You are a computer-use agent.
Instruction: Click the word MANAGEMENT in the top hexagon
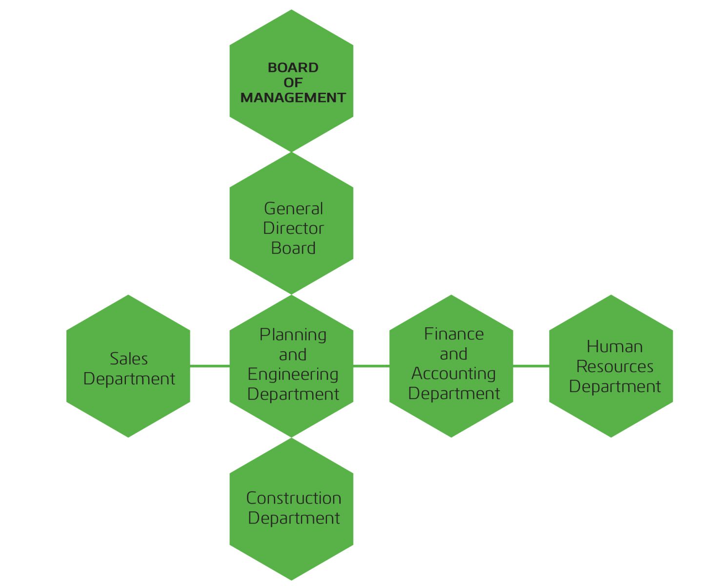coord(293,98)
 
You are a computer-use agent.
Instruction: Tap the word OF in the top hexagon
coord(293,83)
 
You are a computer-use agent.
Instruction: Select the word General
coord(293,209)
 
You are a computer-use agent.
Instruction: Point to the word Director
coord(293,228)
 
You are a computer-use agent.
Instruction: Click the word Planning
coord(293,335)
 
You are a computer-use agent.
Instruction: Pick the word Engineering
coord(293,375)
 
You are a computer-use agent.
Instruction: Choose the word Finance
coord(454,334)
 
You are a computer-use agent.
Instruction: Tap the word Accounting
coord(453,374)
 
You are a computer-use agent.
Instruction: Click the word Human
coord(614,347)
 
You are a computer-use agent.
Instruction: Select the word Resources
coord(615,366)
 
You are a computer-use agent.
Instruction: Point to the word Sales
coord(129,359)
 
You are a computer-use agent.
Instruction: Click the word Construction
coord(294,498)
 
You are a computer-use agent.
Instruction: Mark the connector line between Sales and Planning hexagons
coord(210,366)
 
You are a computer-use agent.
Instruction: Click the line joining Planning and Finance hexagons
coord(371,366)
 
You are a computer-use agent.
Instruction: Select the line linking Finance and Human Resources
coord(531,366)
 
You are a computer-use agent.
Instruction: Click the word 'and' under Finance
coord(454,354)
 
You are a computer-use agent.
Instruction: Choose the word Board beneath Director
coord(293,248)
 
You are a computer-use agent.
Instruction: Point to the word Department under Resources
coord(615,387)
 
